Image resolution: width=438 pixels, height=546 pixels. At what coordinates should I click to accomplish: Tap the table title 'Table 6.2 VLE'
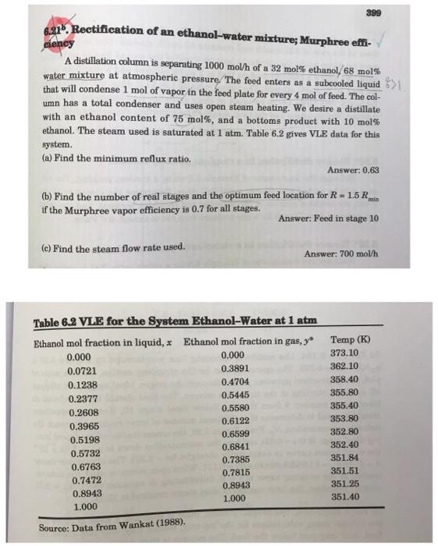click(83, 324)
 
